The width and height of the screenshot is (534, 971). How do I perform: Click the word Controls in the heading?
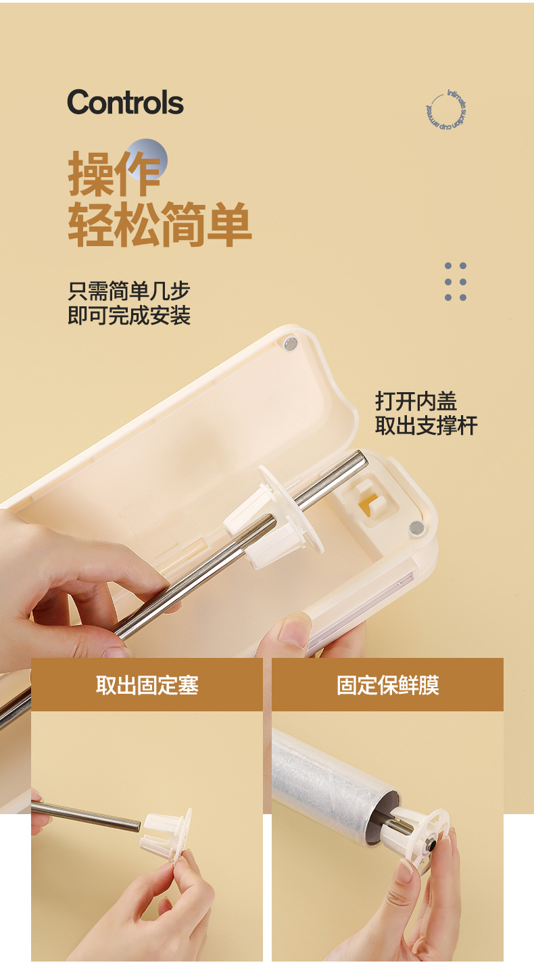pos(125,103)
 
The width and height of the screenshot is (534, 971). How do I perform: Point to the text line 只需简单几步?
pos(128,291)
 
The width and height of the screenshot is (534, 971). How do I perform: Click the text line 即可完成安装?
pos(128,315)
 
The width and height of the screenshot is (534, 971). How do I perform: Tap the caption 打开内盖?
pos(416,401)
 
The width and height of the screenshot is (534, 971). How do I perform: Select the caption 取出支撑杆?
pos(426,425)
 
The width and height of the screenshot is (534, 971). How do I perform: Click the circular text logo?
pos(446,110)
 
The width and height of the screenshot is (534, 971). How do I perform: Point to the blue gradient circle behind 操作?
pos(148,158)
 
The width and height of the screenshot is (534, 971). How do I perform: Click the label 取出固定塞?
pos(147,685)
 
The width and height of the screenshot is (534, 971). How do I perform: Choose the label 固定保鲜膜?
pos(387,685)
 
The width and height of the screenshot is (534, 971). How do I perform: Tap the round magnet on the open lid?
pos(291,345)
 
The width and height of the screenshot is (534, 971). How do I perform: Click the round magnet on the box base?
pos(416,527)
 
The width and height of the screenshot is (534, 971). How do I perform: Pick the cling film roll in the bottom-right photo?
pos(324,784)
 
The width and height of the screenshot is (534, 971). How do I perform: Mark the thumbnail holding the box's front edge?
pos(295,632)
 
